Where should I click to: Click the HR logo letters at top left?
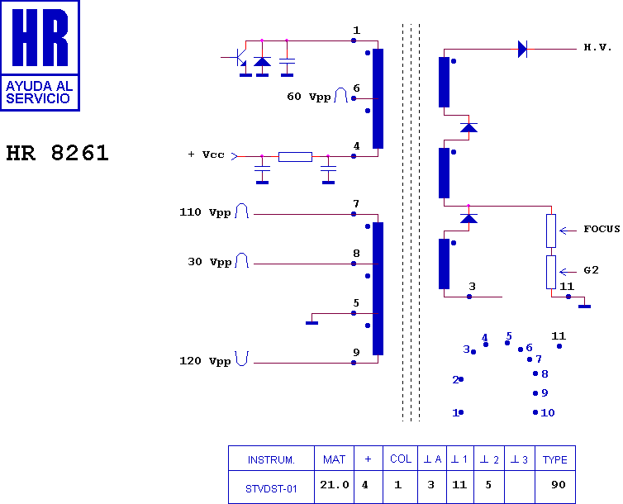pyautogui.click(x=40, y=37)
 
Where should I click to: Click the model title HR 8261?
pyautogui.click(x=57, y=153)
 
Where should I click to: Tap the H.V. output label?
pyautogui.click(x=597, y=47)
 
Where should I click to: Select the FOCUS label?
pyautogui.click(x=602, y=229)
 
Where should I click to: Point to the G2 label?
pyautogui.click(x=591, y=270)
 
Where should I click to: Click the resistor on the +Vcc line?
pyautogui.click(x=295, y=157)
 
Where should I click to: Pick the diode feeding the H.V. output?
pyautogui.click(x=522, y=50)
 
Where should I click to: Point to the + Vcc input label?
pyautogui.click(x=207, y=155)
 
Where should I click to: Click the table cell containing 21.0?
pyautogui.click(x=334, y=487)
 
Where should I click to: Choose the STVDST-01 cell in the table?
pyautogui.click(x=271, y=487)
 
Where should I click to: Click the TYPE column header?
pyautogui.click(x=555, y=459)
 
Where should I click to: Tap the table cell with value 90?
pyautogui.click(x=555, y=487)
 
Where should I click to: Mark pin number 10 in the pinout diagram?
pyautogui.click(x=548, y=412)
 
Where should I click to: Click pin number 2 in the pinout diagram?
pyautogui.click(x=456, y=380)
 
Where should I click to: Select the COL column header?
pyautogui.click(x=400, y=459)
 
